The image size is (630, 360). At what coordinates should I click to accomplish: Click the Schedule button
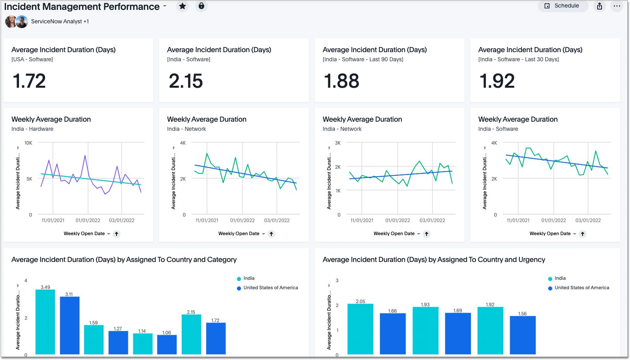[x=562, y=6]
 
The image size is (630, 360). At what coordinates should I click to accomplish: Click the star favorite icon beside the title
[x=182, y=6]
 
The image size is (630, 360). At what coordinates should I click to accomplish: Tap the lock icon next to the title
[x=201, y=6]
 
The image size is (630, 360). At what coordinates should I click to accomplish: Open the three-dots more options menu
[x=617, y=6]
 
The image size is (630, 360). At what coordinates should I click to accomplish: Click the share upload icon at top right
[x=599, y=6]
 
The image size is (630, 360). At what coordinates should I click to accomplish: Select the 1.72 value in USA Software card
[x=29, y=81]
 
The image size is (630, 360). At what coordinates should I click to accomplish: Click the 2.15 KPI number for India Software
[x=186, y=81]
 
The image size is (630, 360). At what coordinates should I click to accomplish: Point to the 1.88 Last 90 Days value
[x=341, y=81]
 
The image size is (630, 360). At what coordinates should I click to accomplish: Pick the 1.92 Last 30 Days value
[x=497, y=81]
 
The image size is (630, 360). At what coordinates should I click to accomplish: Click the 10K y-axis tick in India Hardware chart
[x=28, y=143]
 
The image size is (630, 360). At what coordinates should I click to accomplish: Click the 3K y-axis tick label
[x=338, y=143]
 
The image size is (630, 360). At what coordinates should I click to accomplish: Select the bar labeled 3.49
[x=45, y=322]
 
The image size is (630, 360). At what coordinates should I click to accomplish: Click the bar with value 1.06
[x=167, y=344]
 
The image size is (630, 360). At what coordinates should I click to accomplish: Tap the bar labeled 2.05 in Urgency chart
[x=360, y=329]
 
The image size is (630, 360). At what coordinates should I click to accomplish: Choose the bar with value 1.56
[x=522, y=335]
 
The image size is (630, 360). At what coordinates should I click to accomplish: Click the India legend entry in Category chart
[x=248, y=278]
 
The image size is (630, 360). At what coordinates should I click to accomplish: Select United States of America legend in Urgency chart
[x=581, y=288]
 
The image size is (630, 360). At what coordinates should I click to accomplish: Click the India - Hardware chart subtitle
[x=32, y=129]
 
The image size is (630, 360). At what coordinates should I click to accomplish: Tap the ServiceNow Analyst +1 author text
[x=60, y=21]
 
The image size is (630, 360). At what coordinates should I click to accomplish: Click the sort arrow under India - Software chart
[x=582, y=234]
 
